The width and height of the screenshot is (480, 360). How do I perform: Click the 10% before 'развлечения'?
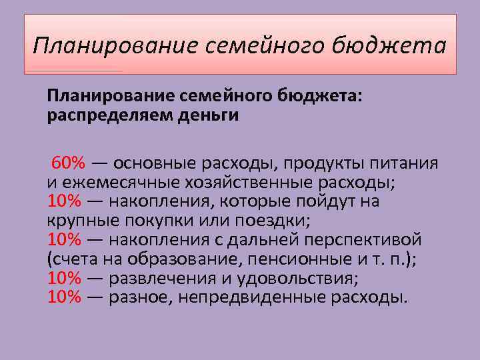point(64,278)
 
